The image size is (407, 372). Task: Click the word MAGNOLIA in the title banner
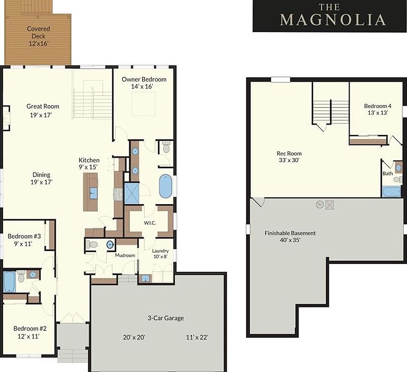[333, 20]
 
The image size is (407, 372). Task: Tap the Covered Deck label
[38, 33]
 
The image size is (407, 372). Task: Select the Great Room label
[43, 106]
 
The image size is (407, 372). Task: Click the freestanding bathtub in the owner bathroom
[165, 186]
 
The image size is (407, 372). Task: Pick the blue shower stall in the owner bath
[132, 193]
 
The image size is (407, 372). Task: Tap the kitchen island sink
[93, 193]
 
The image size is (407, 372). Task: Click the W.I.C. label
[150, 223]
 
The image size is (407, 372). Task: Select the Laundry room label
[160, 251]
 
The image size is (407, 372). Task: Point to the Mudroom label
[125, 255]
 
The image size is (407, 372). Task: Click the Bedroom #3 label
[24, 236]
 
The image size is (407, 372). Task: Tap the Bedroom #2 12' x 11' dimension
[28, 336]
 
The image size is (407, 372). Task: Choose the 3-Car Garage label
[165, 318]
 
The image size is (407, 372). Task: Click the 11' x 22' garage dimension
[197, 337]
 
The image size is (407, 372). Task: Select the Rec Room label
[289, 153]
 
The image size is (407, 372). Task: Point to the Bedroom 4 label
[378, 106]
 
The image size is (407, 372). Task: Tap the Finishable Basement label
[290, 233]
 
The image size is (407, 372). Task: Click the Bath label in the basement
[388, 174]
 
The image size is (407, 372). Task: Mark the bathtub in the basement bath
[391, 192]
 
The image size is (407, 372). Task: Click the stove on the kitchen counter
[118, 194]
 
